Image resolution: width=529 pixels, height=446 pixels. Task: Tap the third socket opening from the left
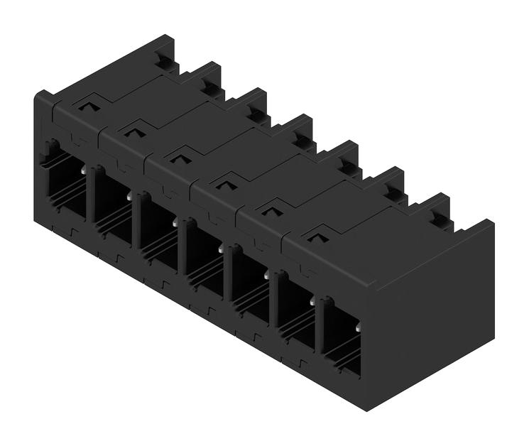pyautogui.click(x=158, y=231)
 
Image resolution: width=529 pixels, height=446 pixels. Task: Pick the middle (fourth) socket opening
pyautogui.click(x=204, y=256)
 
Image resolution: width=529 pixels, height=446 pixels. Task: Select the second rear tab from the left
pyautogui.click(x=211, y=87)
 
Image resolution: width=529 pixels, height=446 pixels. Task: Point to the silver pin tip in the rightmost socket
pyautogui.click(x=358, y=327)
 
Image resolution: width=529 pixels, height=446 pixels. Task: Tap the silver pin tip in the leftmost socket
pyautogui.click(x=84, y=171)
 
